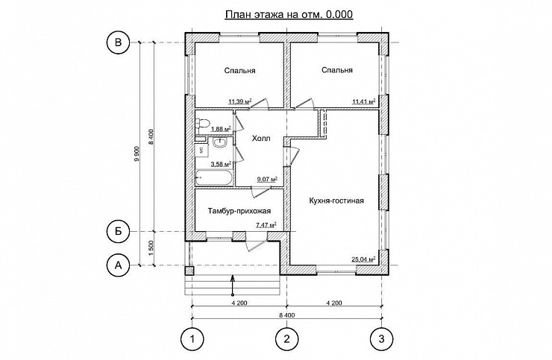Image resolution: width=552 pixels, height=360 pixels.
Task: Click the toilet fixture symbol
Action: tap(203, 123)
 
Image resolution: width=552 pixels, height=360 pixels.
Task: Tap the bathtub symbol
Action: tap(214, 177)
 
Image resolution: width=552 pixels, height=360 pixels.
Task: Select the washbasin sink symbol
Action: tap(220, 144)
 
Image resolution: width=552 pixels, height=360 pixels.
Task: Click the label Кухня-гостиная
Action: tap(336, 201)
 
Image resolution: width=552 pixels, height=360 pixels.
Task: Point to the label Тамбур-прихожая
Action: tap(239, 211)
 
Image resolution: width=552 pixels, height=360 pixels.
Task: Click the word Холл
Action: tap(261, 139)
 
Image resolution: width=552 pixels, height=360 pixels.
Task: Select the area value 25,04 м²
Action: tap(363, 259)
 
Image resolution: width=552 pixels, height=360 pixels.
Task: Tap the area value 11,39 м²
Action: tap(239, 102)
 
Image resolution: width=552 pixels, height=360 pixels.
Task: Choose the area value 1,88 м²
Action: tap(221, 129)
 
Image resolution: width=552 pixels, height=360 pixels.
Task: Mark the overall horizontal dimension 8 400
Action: tap(286, 315)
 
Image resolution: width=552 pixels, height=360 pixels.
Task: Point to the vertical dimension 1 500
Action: tap(151, 248)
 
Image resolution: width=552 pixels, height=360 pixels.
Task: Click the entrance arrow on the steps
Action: tap(232, 285)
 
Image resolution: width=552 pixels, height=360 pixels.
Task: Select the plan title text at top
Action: tap(289, 14)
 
